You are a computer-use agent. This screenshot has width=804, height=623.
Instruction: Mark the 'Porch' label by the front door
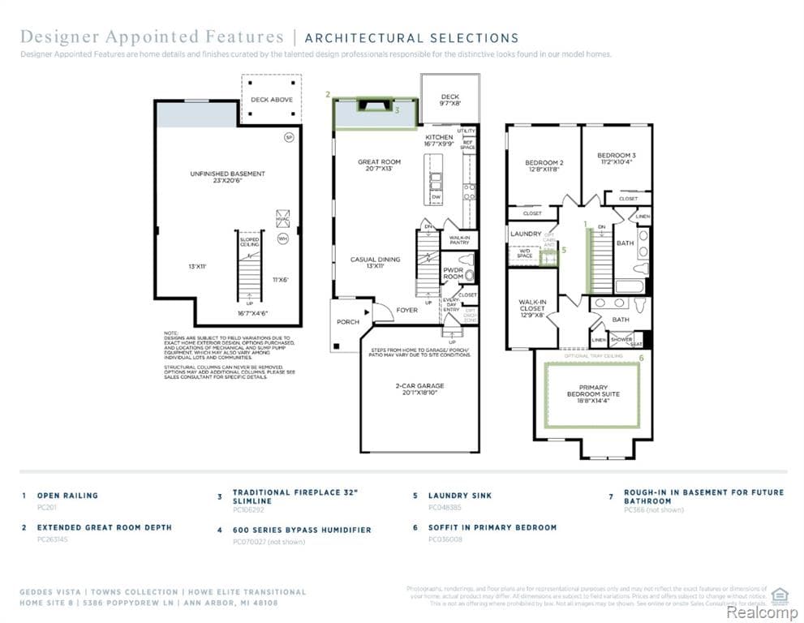[348, 322]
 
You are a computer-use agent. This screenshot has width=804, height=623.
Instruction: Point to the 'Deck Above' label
[271, 100]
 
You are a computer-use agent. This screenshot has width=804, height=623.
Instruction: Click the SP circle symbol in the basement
[288, 138]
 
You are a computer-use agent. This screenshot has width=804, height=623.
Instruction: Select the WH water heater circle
[282, 238]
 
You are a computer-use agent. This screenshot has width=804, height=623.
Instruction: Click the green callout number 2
[328, 95]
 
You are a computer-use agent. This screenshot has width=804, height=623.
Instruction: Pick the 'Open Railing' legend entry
[67, 496]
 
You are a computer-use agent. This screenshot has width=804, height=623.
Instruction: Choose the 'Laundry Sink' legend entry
[459, 496]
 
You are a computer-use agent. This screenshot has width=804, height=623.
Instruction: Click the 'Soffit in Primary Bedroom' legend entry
[492, 527]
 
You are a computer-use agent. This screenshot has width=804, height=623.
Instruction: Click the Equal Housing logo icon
[780, 595]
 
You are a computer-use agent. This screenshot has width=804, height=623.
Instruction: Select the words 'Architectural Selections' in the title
[411, 38]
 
